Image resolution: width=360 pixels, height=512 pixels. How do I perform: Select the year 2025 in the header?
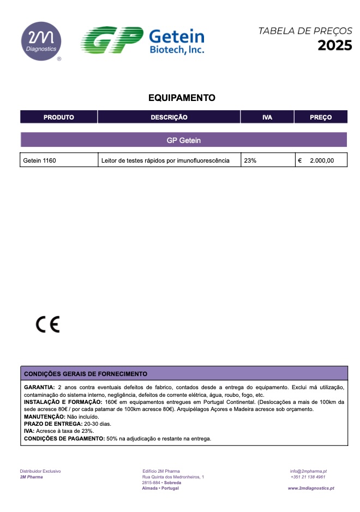click(x=335, y=45)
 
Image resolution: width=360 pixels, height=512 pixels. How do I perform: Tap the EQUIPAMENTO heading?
click(x=182, y=98)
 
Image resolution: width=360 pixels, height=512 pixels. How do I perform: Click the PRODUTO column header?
click(x=59, y=117)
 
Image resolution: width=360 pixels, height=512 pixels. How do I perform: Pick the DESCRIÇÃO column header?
click(x=169, y=117)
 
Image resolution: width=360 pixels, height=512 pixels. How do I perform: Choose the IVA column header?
click(x=267, y=117)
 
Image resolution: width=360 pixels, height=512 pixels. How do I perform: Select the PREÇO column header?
click(x=321, y=117)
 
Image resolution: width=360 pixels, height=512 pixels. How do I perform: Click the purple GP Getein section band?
click(x=184, y=140)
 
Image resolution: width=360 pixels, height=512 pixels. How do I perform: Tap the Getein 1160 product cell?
click(x=40, y=160)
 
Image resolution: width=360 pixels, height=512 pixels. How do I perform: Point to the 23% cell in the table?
click(x=250, y=160)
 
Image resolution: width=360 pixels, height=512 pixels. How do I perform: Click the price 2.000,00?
click(x=321, y=160)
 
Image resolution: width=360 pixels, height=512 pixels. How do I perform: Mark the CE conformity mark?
click(x=48, y=325)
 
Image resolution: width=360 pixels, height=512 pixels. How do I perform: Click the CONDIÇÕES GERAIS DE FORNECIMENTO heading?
click(x=86, y=374)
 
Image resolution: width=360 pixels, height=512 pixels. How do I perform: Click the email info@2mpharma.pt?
click(x=308, y=471)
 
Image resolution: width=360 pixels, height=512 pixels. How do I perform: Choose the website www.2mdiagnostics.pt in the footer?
click(x=311, y=489)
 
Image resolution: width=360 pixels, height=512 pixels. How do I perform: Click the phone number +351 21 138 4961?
click(x=308, y=477)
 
